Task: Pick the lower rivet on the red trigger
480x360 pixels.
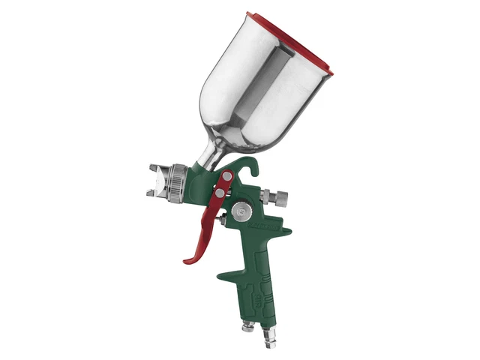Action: click(x=219, y=193)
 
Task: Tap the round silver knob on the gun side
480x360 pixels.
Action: click(x=239, y=212)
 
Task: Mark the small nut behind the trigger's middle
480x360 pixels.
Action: click(x=223, y=219)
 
